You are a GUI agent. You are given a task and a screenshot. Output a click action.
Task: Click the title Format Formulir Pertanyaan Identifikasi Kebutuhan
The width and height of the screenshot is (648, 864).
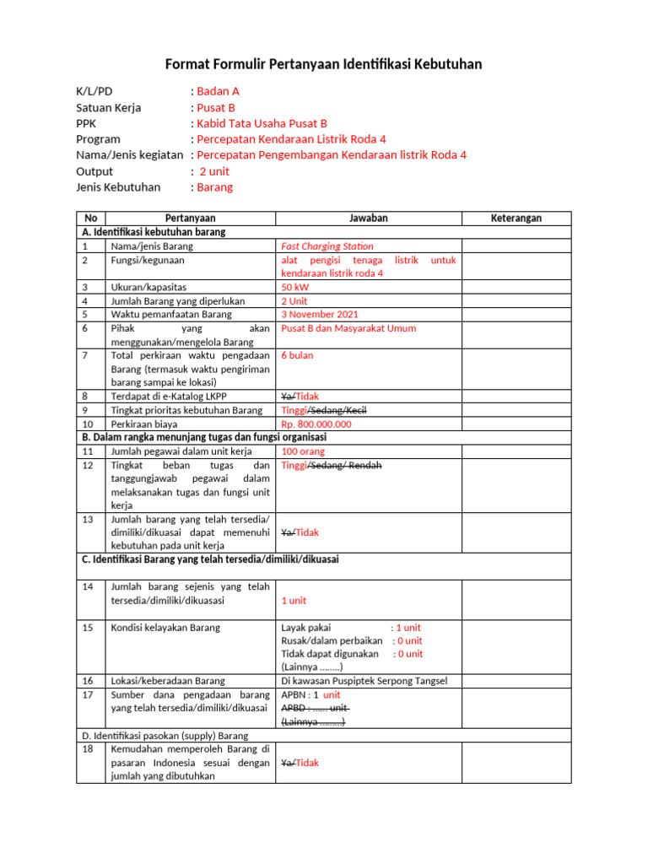pyautogui.click(x=323, y=64)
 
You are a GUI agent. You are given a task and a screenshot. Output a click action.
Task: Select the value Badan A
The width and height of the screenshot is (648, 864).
pyautogui.click(x=218, y=91)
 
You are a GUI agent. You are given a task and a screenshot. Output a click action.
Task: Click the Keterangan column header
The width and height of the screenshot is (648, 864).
pyautogui.click(x=516, y=218)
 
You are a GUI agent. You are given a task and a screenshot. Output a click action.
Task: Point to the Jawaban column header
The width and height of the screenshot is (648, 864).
pyautogui.click(x=368, y=218)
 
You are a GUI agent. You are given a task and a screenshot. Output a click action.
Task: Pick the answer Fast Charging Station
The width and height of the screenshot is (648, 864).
pyautogui.click(x=327, y=246)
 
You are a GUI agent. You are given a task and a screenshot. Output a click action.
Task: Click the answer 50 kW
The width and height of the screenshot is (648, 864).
pyautogui.click(x=295, y=287)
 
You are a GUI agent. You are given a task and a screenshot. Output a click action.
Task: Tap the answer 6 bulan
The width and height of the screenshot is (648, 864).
pyautogui.click(x=297, y=355)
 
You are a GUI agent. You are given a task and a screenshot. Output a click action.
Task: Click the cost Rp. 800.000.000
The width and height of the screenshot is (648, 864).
pyautogui.click(x=316, y=424)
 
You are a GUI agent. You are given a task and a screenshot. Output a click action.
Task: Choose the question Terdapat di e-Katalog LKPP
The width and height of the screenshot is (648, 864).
pyautogui.click(x=169, y=396)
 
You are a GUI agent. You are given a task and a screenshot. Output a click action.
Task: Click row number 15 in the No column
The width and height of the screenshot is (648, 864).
pyautogui.click(x=87, y=627)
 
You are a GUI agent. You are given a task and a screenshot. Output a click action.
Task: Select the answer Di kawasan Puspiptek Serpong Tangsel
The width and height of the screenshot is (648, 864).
pyautogui.click(x=364, y=681)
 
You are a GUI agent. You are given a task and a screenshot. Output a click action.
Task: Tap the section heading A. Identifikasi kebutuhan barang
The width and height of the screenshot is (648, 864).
pyautogui.click(x=154, y=231)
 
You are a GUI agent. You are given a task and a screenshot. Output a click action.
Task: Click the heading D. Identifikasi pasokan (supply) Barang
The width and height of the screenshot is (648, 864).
pyautogui.click(x=165, y=736)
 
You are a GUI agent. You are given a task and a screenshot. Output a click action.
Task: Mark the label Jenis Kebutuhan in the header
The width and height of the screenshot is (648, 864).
pyautogui.click(x=118, y=187)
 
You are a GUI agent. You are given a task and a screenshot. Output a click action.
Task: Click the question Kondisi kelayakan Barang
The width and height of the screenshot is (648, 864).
pyautogui.click(x=165, y=627)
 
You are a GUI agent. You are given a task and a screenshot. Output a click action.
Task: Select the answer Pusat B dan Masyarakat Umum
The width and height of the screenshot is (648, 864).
pyautogui.click(x=348, y=328)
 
